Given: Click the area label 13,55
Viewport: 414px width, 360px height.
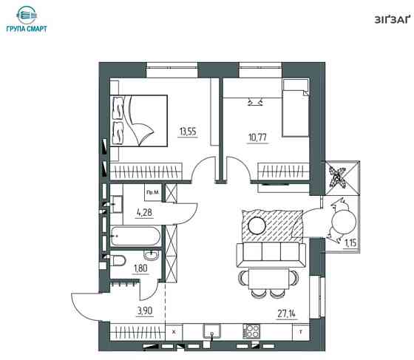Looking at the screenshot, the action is coord(188,131).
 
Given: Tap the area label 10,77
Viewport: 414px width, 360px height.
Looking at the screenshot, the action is coord(258,137).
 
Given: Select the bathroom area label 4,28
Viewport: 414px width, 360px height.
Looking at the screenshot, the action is coord(145,212).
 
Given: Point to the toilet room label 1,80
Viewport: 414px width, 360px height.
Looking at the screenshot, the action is coord(140,268).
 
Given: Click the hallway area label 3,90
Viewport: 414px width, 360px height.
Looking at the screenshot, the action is coord(145,311).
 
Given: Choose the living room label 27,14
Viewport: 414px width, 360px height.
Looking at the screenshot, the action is coord(287,314).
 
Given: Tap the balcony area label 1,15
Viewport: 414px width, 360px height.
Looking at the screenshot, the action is coord(351,242).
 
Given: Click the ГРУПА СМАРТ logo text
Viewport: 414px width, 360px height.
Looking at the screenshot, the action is coord(27,29).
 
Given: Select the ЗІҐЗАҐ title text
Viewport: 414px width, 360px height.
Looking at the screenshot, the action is coord(392,20).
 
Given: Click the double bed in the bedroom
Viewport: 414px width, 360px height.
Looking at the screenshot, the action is coord(139,120).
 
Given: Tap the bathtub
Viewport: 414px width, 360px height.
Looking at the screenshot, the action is coord(135,236).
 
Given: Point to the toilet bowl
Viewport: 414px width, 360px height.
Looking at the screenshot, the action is coord(118,260).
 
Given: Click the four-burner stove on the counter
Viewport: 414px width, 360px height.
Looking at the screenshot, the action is coord(251,331).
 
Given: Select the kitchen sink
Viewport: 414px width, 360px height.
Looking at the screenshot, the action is coord(211,331).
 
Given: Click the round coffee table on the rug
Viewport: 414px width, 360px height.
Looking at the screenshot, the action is coord(257,225).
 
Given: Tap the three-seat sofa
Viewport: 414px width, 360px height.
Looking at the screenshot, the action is coord(271,254).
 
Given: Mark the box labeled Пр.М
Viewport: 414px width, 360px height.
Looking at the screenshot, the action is coord(153,193).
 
